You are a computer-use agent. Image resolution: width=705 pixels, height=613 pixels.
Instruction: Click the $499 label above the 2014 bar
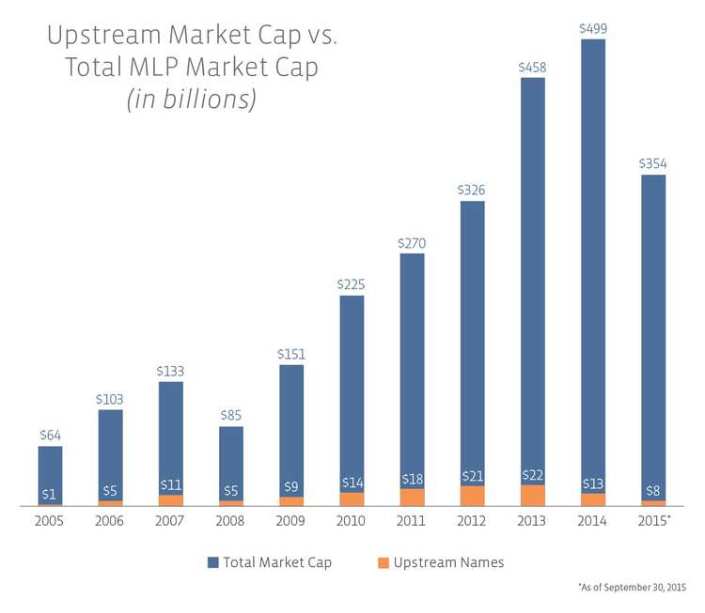592,28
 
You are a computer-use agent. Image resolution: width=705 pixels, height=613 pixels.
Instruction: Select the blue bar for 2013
532,282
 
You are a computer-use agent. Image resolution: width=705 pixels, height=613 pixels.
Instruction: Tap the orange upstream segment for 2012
472,496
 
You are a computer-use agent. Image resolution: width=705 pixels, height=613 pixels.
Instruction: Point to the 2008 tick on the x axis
230,520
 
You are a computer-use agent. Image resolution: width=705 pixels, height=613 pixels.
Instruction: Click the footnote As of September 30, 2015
632,587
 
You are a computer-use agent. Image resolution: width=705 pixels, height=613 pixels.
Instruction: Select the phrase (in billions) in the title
192,100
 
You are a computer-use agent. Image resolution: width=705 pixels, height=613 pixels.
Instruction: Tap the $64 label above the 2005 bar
51,436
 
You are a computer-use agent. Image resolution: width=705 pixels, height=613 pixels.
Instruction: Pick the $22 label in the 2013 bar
532,478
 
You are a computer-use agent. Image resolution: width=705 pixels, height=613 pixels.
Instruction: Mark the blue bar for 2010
352,394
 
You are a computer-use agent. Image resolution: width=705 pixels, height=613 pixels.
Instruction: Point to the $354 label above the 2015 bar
652,164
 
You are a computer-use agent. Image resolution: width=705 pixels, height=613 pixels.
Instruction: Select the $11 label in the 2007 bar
170,485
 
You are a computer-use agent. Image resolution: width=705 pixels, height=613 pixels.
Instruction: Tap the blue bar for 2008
230,465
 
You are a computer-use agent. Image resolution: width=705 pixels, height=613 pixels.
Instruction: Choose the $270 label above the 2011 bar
412,243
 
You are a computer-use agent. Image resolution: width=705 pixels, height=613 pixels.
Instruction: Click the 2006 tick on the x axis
110,520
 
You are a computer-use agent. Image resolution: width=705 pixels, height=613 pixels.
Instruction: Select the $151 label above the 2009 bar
291,355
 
